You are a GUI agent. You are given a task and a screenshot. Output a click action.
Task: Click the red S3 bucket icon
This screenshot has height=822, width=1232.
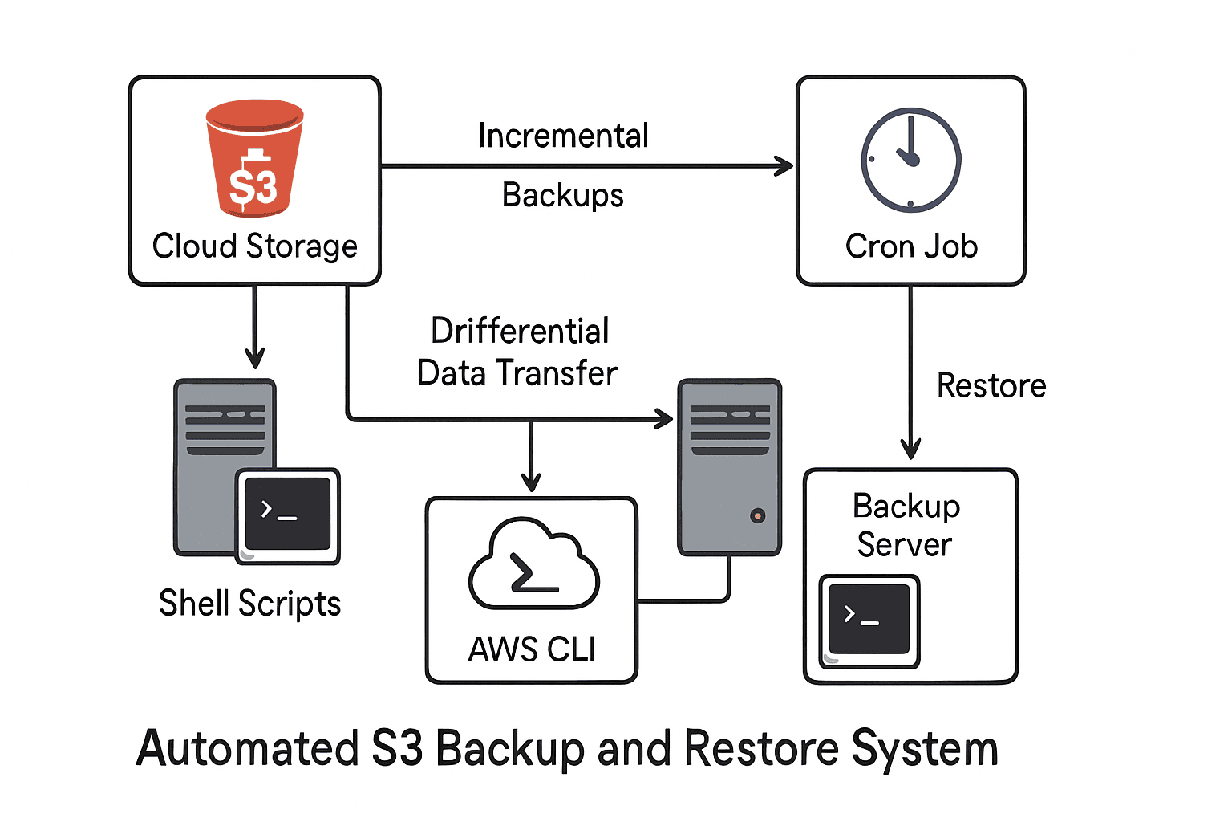pyautogui.click(x=254, y=159)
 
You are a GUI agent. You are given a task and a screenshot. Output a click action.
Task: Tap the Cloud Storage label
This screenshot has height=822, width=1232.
pyautogui.click(x=254, y=246)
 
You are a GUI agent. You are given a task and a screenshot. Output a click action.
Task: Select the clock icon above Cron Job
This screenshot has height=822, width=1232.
pyautogui.click(x=910, y=159)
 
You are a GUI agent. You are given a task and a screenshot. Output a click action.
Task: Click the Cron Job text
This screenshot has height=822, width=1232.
pyautogui.click(x=911, y=246)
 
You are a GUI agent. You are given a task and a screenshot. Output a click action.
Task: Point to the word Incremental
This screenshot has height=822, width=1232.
pyautogui.click(x=563, y=136)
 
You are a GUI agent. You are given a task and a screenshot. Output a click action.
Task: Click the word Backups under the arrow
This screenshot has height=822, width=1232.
pyautogui.click(x=562, y=196)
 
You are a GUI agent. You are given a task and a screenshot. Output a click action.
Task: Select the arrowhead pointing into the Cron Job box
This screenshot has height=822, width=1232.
pyautogui.click(x=784, y=166)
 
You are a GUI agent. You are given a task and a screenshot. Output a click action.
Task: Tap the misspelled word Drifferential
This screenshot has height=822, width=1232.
pyautogui.click(x=520, y=331)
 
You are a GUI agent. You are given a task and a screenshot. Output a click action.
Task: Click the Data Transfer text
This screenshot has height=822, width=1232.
pyautogui.click(x=517, y=373)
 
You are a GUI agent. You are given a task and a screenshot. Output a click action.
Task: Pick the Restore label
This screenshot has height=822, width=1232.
pyautogui.click(x=991, y=386)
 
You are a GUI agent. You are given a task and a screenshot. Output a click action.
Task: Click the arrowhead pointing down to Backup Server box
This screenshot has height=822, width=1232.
pyautogui.click(x=910, y=449)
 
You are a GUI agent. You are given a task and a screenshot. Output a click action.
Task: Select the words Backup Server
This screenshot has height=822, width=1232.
pyautogui.click(x=906, y=525)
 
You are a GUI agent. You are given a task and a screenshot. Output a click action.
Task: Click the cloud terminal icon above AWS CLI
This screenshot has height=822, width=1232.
pyautogui.click(x=533, y=565)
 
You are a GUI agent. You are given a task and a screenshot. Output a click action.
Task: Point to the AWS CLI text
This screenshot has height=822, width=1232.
pyautogui.click(x=532, y=649)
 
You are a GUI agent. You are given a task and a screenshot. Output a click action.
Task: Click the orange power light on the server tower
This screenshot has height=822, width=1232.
pyautogui.click(x=757, y=516)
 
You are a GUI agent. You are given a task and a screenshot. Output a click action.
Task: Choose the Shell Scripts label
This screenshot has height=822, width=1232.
pyautogui.click(x=249, y=604)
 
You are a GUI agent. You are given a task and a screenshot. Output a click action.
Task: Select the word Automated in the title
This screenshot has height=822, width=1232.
pyautogui.click(x=247, y=748)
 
